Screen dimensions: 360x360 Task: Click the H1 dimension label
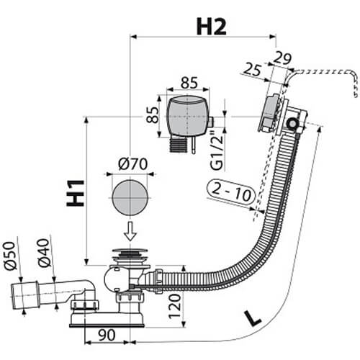click(74, 189)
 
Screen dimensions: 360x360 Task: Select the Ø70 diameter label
click(130, 163)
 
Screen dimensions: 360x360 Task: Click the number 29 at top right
click(282, 57)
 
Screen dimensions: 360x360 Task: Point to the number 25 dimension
click(253, 69)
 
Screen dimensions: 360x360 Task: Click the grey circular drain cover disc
click(130, 197)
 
